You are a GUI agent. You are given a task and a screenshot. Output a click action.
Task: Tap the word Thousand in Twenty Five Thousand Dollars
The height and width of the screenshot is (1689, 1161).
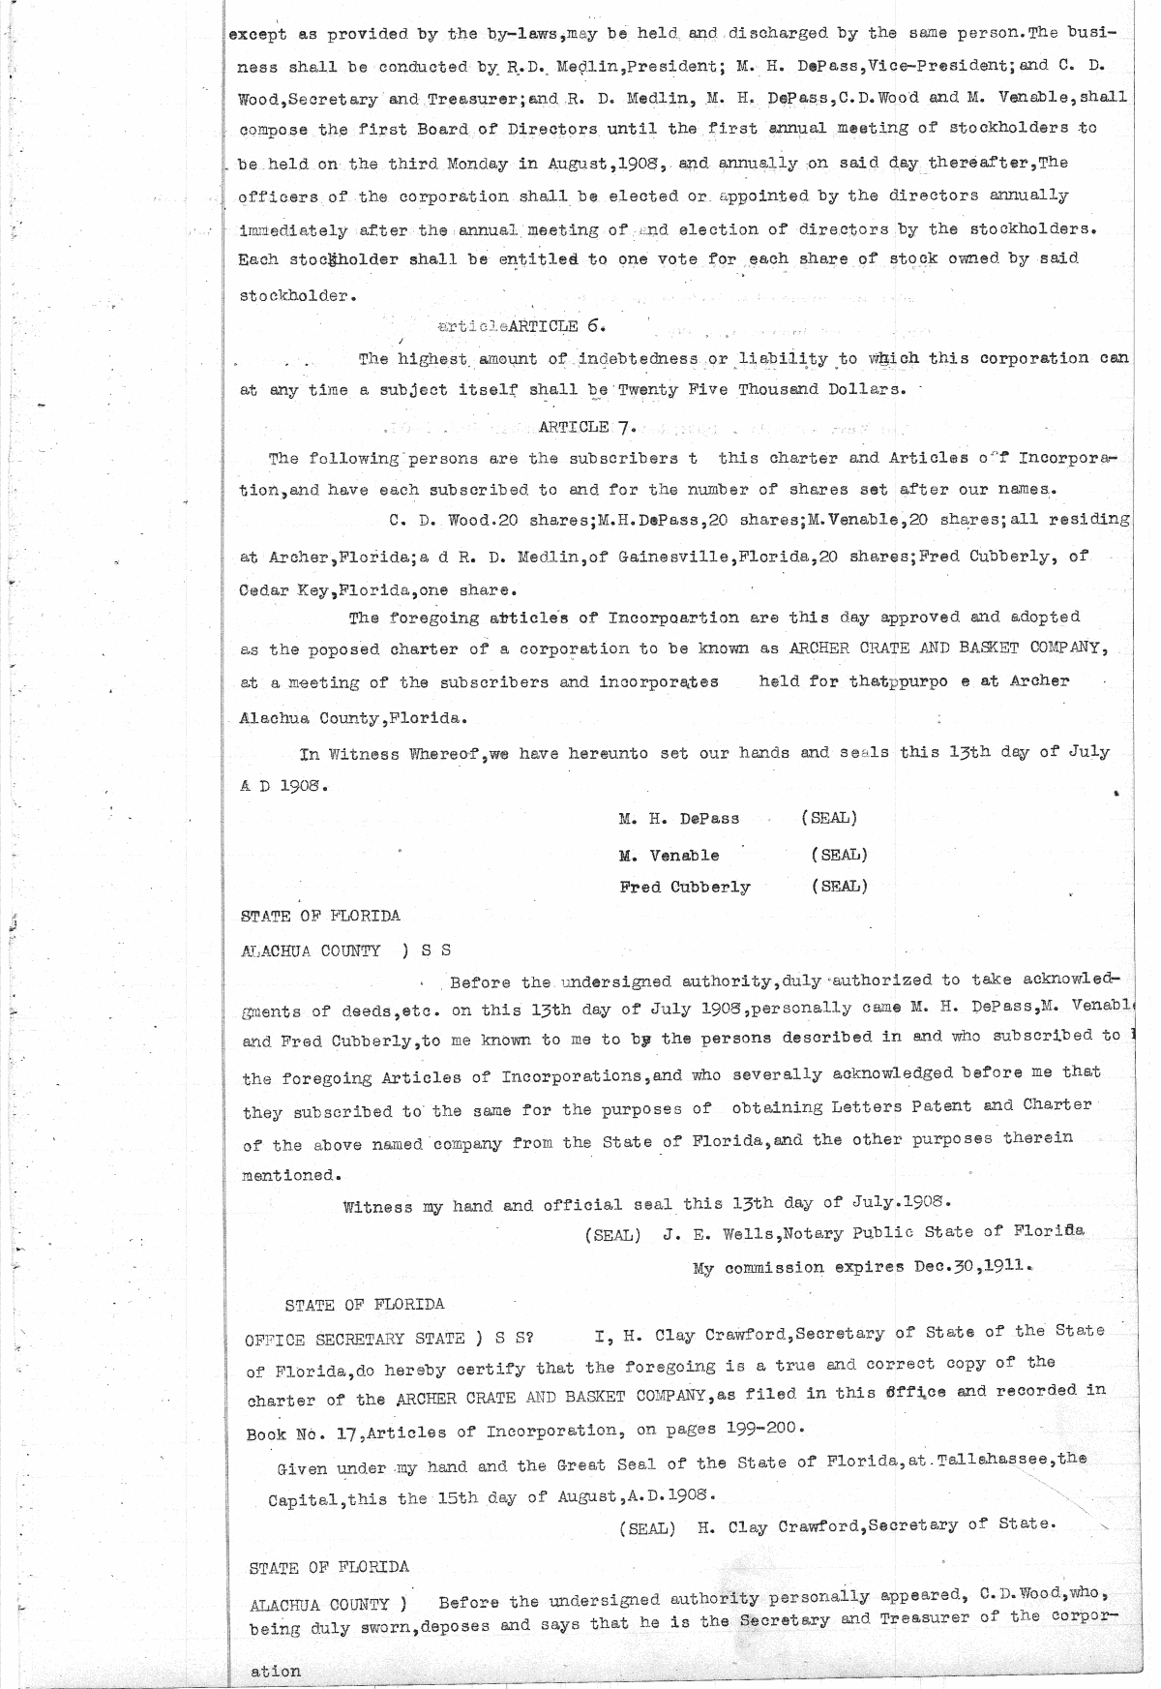(x=780, y=389)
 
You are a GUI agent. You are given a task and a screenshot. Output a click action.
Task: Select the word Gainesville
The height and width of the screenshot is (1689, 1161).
(x=673, y=556)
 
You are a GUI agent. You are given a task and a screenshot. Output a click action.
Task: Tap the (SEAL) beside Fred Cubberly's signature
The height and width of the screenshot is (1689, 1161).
(x=839, y=886)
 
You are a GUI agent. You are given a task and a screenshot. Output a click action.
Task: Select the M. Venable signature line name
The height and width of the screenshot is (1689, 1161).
(x=669, y=856)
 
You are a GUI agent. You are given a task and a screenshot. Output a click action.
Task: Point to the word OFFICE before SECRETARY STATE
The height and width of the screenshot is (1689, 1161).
(x=275, y=1341)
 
